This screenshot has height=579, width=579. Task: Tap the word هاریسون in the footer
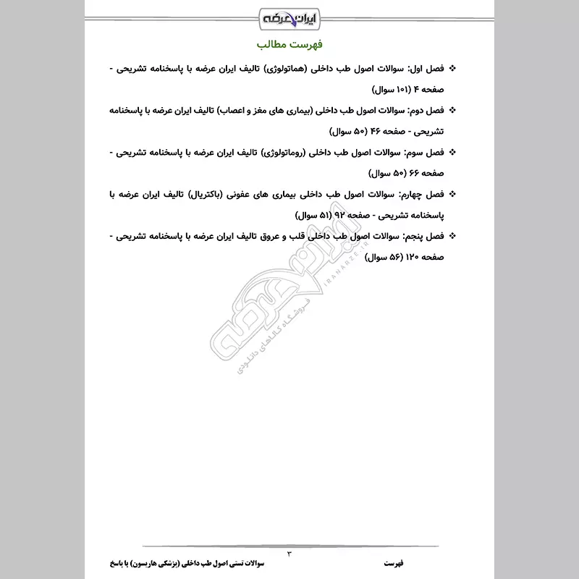coord(154,563)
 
